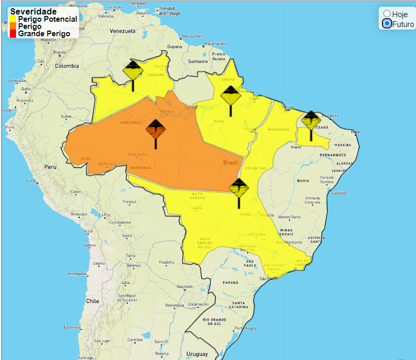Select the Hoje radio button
pyautogui.click(x=387, y=14)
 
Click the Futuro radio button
pyautogui.click(x=387, y=24)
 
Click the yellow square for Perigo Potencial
pyautogui.click(x=13, y=19)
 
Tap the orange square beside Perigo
pyautogui.click(x=13, y=26)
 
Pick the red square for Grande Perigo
pyautogui.click(x=13, y=34)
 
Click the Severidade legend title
pyautogui.click(x=34, y=11)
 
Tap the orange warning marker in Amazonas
pyautogui.click(x=156, y=129)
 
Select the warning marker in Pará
pyautogui.click(x=230, y=96)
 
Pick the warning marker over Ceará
pyautogui.click(x=311, y=121)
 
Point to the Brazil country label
pyautogui.click(x=230, y=163)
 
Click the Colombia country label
pyautogui.click(x=67, y=66)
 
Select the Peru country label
pyautogui.click(x=50, y=167)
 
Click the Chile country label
pyautogui.click(x=93, y=301)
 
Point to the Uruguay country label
pyautogui.click(x=197, y=354)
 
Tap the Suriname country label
pyautogui.click(x=197, y=61)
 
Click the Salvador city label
pyautogui.click(x=339, y=193)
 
